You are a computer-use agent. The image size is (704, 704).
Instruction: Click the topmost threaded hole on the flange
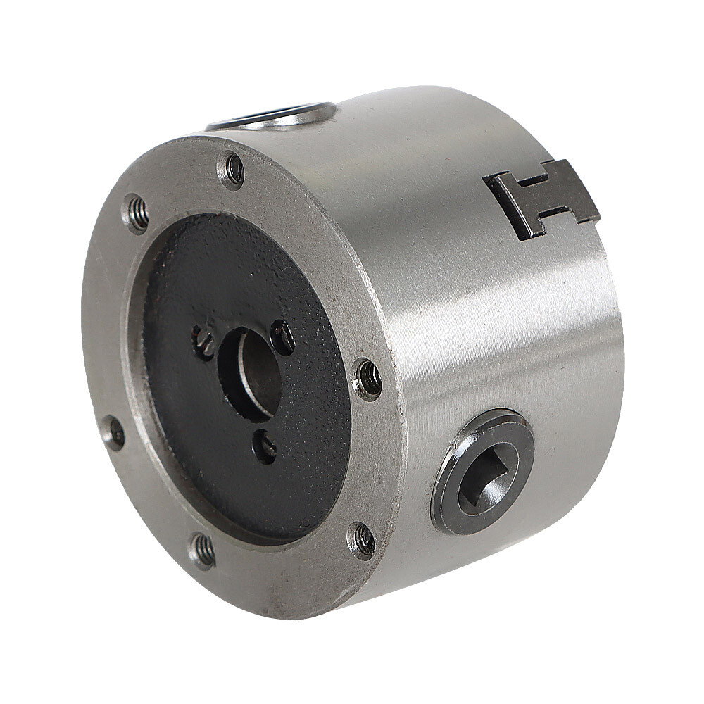click(232, 170)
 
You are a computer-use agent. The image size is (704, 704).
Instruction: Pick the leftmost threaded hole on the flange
click(114, 433)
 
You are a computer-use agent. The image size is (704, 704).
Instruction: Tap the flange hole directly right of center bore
click(368, 379)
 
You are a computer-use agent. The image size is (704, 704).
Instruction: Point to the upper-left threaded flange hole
click(137, 213)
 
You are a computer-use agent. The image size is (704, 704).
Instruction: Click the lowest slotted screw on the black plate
click(266, 447)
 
